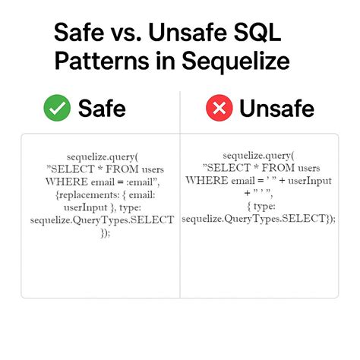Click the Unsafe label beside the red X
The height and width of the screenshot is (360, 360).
coord(276,109)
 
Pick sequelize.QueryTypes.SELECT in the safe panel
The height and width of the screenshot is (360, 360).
coord(102,219)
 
